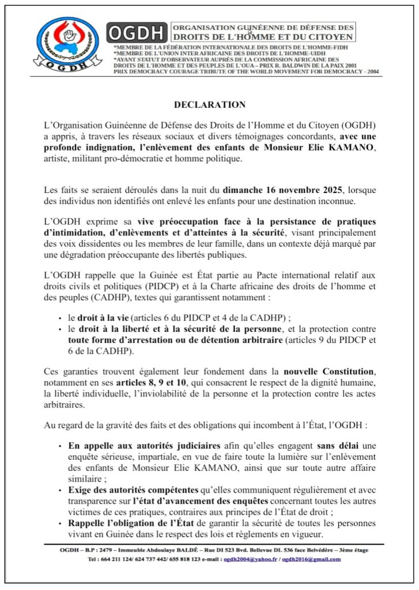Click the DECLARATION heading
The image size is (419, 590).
[x=210, y=105]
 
